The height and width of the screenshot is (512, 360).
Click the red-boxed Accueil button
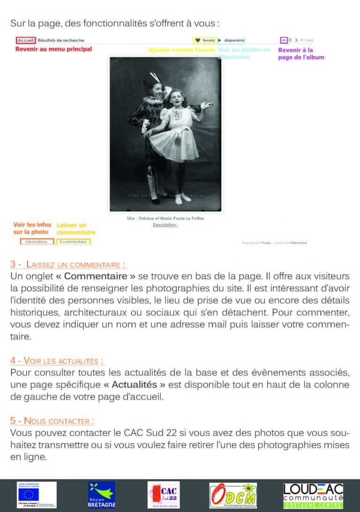[25, 40]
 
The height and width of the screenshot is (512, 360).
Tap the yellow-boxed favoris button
[204, 40]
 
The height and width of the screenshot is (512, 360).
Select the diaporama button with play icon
[231, 40]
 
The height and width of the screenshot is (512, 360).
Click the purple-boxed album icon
[283, 40]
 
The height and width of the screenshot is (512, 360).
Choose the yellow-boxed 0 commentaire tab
[73, 242]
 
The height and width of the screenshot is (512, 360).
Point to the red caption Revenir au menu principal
[53, 49]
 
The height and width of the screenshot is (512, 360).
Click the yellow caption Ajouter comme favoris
[181, 50]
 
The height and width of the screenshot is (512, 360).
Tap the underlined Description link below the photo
[165, 225]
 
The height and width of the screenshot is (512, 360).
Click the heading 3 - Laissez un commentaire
[68, 265]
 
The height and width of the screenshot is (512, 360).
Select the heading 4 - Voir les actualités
[57, 361]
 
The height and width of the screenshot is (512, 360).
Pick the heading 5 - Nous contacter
[52, 421]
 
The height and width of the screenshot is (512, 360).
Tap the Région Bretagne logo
[101, 495]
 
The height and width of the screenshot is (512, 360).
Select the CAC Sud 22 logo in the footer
[163, 495]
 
